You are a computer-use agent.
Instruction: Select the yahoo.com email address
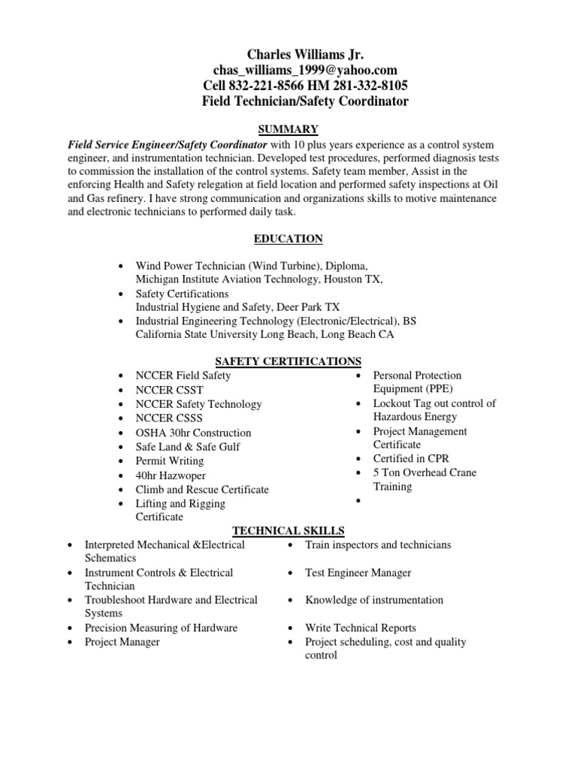[x=305, y=70]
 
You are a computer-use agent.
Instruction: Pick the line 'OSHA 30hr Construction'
[x=193, y=433]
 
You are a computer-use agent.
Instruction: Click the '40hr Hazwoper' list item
[x=171, y=475]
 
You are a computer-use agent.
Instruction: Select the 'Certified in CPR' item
[x=410, y=458]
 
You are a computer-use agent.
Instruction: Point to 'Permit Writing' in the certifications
[x=171, y=461]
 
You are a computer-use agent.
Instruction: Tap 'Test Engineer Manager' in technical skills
[x=358, y=573]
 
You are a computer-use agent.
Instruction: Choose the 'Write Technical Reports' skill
[x=360, y=628]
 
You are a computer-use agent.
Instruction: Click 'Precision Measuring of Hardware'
[x=161, y=628]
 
